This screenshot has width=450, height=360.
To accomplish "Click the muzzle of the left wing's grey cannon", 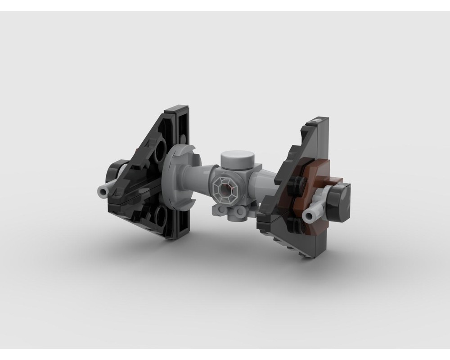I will (102, 192).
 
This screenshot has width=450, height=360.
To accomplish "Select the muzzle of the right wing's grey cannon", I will (310, 216).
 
